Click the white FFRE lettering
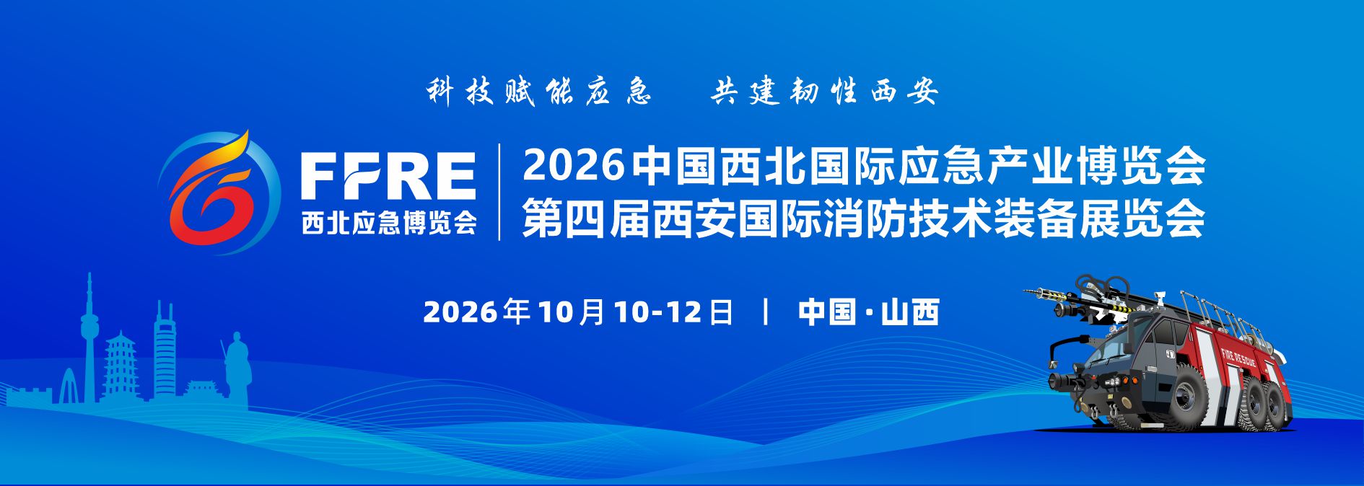[x=388, y=176]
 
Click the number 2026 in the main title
[x=573, y=165]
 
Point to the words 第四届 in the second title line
[x=586, y=218]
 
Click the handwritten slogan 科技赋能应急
[x=538, y=92]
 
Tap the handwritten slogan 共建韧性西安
[x=824, y=92]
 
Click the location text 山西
[x=910, y=312]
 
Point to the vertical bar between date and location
[x=766, y=312]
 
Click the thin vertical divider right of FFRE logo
[x=500, y=192]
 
